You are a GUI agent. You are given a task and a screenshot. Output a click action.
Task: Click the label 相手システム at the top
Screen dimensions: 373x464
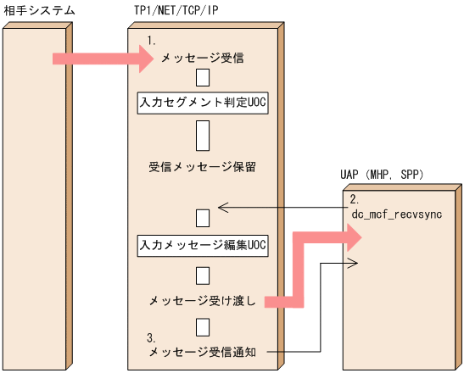point(39,11)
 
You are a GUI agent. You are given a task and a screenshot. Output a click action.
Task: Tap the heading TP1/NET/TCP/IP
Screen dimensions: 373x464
point(170,11)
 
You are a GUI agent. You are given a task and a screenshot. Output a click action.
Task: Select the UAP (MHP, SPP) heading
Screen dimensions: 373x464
point(382,175)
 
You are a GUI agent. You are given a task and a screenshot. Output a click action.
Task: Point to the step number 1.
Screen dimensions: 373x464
point(153,41)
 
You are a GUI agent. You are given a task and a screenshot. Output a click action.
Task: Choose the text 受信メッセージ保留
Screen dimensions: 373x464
point(203,166)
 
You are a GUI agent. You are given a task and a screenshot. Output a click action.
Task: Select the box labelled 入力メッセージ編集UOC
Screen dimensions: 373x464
point(203,245)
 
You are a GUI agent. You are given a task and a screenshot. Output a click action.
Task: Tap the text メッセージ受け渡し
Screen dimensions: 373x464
point(203,301)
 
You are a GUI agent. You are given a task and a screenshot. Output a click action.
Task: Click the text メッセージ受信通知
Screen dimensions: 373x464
point(203,351)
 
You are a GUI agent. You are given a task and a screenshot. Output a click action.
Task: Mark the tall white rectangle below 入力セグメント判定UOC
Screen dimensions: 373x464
point(203,134)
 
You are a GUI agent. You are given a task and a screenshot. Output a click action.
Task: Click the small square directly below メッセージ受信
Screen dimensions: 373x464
point(203,79)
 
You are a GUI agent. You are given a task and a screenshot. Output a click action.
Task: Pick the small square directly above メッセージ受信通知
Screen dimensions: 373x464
point(203,327)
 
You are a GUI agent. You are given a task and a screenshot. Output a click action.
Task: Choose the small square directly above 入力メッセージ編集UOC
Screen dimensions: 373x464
point(203,218)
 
